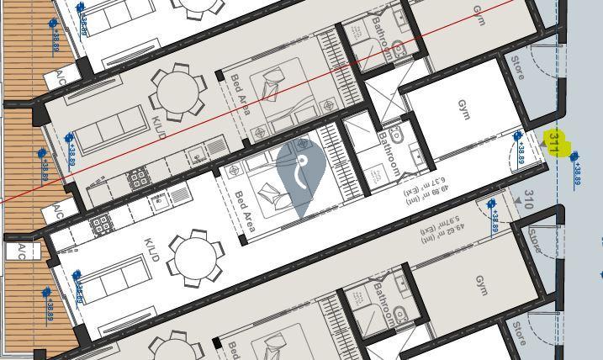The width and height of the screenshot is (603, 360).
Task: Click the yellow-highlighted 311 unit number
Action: coord(555,144)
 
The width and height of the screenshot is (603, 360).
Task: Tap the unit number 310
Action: coord(528,199)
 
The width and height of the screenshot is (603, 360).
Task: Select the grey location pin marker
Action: coord(301,174)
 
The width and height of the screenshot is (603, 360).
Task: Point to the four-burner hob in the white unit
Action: coord(101,225)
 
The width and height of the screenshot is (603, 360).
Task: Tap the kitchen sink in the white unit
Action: coord(158,202)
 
